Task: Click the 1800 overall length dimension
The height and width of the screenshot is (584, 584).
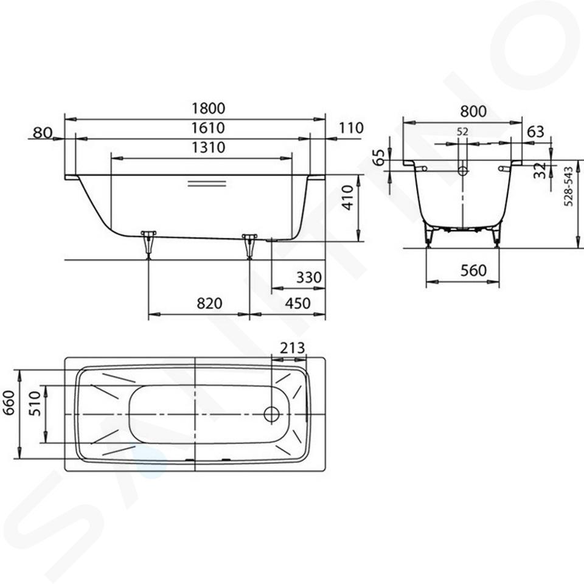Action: (x=208, y=108)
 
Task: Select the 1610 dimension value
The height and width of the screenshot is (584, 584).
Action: (x=208, y=128)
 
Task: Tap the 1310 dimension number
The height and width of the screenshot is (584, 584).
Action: (x=208, y=147)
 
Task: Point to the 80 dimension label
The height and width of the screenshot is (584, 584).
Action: (x=43, y=132)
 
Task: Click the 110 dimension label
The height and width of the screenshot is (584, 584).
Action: (x=351, y=128)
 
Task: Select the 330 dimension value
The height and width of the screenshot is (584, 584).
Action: (x=309, y=277)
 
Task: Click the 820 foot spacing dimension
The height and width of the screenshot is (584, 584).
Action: (x=209, y=304)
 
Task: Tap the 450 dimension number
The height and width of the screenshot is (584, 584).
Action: (x=297, y=304)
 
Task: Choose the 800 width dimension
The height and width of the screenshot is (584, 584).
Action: (x=473, y=111)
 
